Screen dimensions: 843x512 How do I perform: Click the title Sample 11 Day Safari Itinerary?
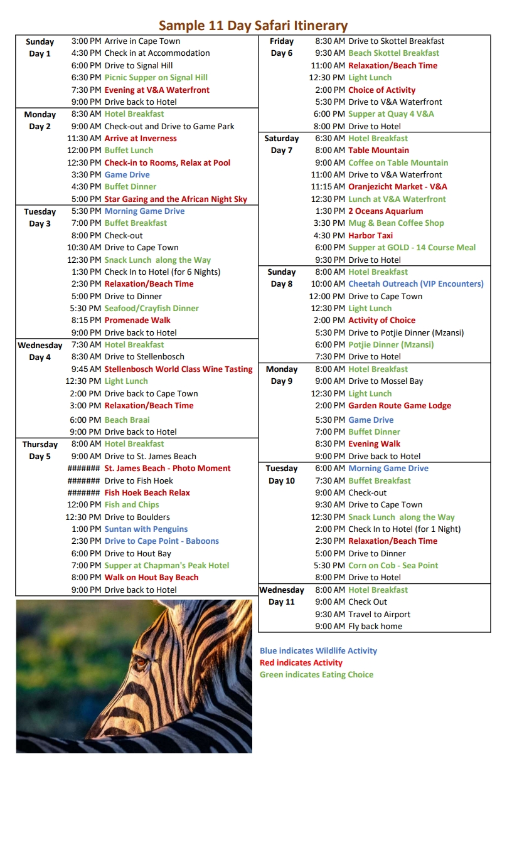[253, 26]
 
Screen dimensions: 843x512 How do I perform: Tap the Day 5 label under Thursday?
[40, 457]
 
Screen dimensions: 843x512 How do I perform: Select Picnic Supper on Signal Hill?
[156, 78]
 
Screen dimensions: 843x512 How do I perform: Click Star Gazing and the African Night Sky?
[176, 199]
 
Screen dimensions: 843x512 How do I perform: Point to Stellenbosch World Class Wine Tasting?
[178, 369]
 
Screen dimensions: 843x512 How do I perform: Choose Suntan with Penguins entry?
[146, 529]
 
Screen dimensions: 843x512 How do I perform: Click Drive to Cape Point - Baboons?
[161, 541]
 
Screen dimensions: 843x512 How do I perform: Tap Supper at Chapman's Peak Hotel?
[166, 566]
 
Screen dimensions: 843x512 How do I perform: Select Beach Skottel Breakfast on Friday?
[393, 53]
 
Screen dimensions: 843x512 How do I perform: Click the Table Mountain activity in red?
[378, 151]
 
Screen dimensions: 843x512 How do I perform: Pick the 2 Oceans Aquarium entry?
[385, 211]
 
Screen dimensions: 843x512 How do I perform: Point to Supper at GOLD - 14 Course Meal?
[412, 248]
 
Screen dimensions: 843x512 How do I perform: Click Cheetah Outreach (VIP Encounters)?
[416, 284]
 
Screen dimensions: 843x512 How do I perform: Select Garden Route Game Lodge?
[400, 406]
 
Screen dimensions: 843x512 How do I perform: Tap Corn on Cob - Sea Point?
[393, 566]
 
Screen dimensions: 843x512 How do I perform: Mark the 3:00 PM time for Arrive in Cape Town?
[86, 41]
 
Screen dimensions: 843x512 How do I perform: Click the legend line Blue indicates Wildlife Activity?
[318, 651]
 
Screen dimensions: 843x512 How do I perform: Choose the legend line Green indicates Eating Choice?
[316, 675]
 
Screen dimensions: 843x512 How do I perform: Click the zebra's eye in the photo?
[141, 660]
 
